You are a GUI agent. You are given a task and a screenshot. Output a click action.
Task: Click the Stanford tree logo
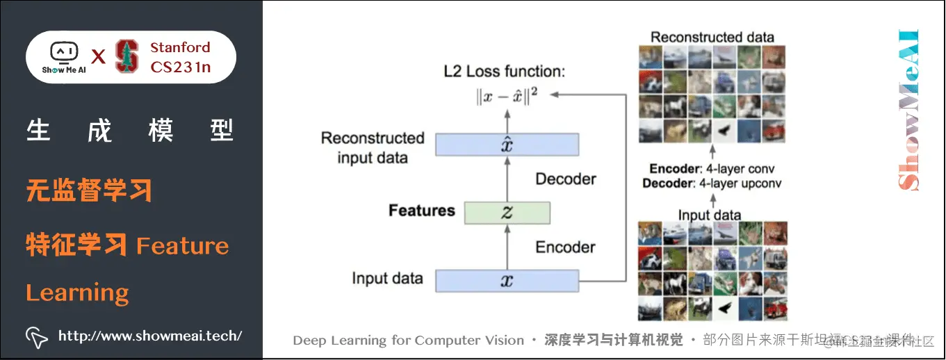127,57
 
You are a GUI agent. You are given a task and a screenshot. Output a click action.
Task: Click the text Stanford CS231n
180,57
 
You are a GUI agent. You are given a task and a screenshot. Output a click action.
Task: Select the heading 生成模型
131,131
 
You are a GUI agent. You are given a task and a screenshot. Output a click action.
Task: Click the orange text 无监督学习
89,190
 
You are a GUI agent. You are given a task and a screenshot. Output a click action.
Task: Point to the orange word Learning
77,293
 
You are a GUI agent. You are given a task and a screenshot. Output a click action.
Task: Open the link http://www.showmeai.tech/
149,336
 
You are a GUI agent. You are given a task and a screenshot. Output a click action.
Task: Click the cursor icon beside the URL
37,337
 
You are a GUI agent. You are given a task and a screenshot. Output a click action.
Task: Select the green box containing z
507,213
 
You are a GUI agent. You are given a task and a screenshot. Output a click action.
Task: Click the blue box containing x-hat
507,145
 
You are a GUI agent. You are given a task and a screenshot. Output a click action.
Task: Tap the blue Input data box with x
507,281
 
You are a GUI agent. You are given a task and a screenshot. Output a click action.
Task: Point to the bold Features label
421,211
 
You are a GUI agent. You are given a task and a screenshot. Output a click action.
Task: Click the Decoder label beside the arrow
565,179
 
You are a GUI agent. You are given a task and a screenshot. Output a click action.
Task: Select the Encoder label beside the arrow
565,247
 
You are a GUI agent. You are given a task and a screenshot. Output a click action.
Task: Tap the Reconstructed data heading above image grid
712,37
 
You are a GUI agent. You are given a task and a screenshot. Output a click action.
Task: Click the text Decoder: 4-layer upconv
712,183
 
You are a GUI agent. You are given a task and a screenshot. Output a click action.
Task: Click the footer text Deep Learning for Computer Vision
408,341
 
